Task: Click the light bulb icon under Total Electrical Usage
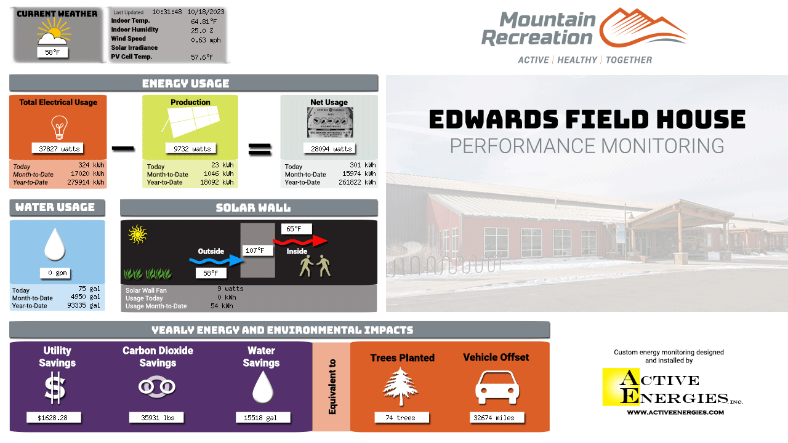[x=60, y=127]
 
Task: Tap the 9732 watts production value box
[x=191, y=149]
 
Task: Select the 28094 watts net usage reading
[x=329, y=149]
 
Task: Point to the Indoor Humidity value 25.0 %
[x=202, y=31]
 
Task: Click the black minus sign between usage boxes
[x=123, y=149]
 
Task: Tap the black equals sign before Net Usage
[x=260, y=149]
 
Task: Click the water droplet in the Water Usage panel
[x=55, y=244]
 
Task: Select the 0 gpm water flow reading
[x=55, y=273]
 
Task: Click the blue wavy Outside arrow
[x=216, y=260]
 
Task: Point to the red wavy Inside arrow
[x=300, y=241]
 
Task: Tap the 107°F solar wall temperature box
[x=258, y=250]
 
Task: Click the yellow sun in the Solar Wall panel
[x=137, y=234]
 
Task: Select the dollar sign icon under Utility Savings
[x=55, y=389]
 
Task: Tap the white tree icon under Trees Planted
[x=400, y=386]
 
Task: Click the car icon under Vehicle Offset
[x=497, y=388]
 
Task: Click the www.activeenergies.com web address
[x=675, y=412]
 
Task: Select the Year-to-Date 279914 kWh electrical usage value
[x=86, y=183]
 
